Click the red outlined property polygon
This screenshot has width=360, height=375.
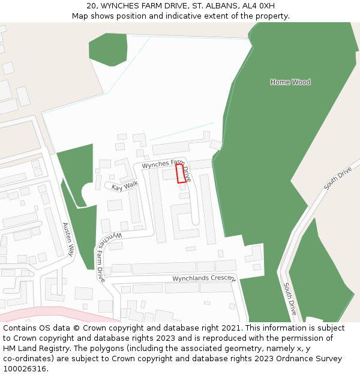click(x=180, y=173)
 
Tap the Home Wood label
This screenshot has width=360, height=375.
click(x=290, y=82)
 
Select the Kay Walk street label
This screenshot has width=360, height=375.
click(x=125, y=187)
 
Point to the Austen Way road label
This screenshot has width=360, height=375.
click(x=70, y=239)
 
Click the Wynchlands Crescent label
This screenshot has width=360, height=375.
click(x=204, y=278)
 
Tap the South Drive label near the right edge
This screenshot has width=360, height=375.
click(x=338, y=178)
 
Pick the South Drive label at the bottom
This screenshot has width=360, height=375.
click(x=290, y=299)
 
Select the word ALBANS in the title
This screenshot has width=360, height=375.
click(x=217, y=6)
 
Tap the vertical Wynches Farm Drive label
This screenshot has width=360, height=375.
click(x=100, y=258)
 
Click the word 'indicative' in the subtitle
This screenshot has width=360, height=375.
click(x=181, y=16)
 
